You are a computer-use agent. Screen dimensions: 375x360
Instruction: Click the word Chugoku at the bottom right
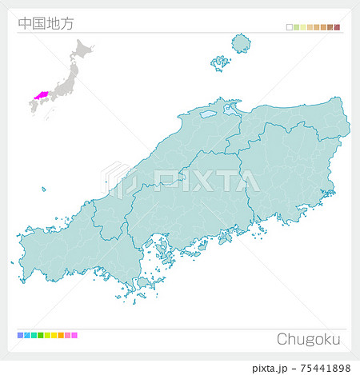tap(308, 339)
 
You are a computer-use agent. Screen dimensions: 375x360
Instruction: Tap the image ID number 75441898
tap(323, 367)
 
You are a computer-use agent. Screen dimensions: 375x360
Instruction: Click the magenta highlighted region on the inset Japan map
tap(40, 96)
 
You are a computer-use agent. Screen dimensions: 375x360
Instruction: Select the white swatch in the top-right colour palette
tap(290, 28)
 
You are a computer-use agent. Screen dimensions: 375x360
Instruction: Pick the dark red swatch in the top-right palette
tap(338, 28)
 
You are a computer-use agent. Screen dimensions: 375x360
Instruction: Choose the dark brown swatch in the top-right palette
tap(330, 28)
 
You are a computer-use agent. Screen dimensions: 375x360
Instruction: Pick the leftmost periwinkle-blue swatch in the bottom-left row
tap(20, 336)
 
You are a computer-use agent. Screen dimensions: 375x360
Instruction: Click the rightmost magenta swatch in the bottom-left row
tap(74, 336)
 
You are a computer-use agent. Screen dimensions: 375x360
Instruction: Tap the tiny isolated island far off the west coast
tap(44, 189)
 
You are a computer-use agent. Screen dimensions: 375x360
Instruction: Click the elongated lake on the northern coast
tap(208, 114)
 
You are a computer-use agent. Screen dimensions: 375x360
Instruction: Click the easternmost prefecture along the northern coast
tap(296, 120)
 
